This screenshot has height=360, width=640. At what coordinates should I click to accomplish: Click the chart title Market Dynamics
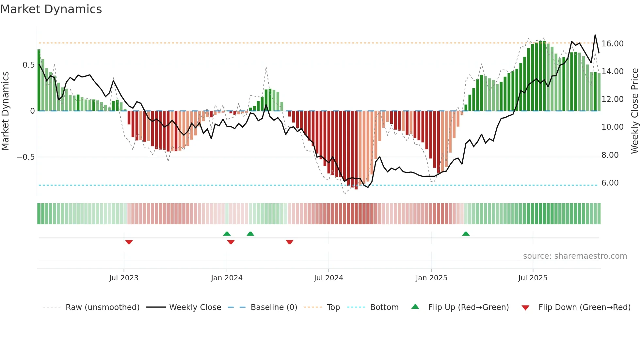51,9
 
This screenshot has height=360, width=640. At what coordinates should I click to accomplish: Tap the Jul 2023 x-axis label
124,278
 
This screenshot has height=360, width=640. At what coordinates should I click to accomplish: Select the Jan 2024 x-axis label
227,278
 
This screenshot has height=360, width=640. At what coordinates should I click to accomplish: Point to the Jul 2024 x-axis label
328,278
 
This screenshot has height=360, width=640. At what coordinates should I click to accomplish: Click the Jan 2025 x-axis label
431,278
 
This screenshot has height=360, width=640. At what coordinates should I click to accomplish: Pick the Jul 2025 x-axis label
533,278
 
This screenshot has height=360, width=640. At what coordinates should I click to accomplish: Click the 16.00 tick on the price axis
612,44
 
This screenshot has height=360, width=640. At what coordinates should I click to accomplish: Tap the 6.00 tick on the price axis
610,183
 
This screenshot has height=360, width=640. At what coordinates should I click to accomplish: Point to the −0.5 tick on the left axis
26,157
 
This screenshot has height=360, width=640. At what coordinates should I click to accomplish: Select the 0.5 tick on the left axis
29,65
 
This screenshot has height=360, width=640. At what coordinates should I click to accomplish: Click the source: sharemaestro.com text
575,256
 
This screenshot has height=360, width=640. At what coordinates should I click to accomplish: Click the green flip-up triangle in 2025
466,234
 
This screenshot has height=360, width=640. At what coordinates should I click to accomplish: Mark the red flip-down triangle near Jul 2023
129,242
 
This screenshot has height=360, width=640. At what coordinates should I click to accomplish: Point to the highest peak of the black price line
595,35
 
